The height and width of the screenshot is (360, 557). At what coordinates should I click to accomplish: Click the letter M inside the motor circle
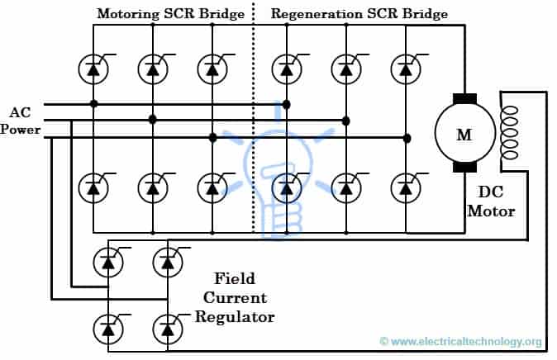click(464, 135)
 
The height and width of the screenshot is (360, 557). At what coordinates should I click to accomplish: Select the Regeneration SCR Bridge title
click(359, 14)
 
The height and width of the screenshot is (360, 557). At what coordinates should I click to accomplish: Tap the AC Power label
click(20, 121)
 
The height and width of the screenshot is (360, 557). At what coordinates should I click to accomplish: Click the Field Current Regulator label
click(236, 297)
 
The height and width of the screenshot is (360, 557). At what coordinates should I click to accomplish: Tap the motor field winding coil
click(509, 132)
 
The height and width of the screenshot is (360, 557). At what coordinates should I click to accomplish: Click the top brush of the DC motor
click(464, 100)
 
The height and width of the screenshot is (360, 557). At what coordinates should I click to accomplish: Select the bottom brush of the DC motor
click(464, 168)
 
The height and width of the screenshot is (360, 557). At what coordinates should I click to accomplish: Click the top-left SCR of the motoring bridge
click(93, 68)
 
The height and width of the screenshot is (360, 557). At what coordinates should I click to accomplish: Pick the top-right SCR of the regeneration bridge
click(406, 68)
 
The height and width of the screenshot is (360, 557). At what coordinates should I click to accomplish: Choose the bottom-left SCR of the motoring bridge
click(93, 187)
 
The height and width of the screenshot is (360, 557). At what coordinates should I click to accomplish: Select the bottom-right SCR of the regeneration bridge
click(406, 187)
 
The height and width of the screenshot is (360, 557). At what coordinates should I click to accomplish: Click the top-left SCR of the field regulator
click(108, 262)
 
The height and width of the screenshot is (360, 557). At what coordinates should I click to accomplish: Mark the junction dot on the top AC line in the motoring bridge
click(93, 104)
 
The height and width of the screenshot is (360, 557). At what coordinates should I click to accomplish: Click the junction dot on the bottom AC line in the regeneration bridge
click(406, 137)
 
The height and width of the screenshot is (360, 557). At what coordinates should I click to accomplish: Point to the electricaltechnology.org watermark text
click(461, 342)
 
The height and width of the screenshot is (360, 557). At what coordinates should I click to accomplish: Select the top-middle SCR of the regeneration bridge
click(346, 68)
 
